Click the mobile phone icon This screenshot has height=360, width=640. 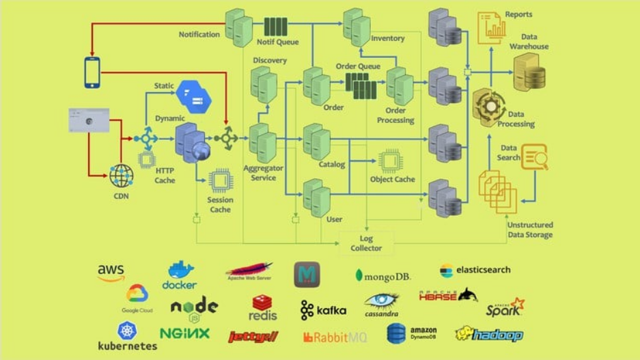click(x=92, y=72)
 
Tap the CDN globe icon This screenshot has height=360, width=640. click(x=122, y=176)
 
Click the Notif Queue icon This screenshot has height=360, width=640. click(x=275, y=27)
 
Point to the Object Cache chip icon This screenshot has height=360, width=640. click(x=390, y=161)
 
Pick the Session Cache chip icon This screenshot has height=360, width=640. click(x=220, y=181)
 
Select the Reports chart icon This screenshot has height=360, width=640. click(x=491, y=27)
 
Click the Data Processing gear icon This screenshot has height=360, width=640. click(x=489, y=107)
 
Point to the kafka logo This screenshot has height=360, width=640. click(x=323, y=310)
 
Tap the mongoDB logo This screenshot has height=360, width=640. click(x=382, y=276)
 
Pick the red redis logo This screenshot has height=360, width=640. click(x=263, y=308)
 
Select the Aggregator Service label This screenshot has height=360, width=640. click(x=263, y=173)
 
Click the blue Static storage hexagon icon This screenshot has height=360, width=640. click(x=193, y=98)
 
